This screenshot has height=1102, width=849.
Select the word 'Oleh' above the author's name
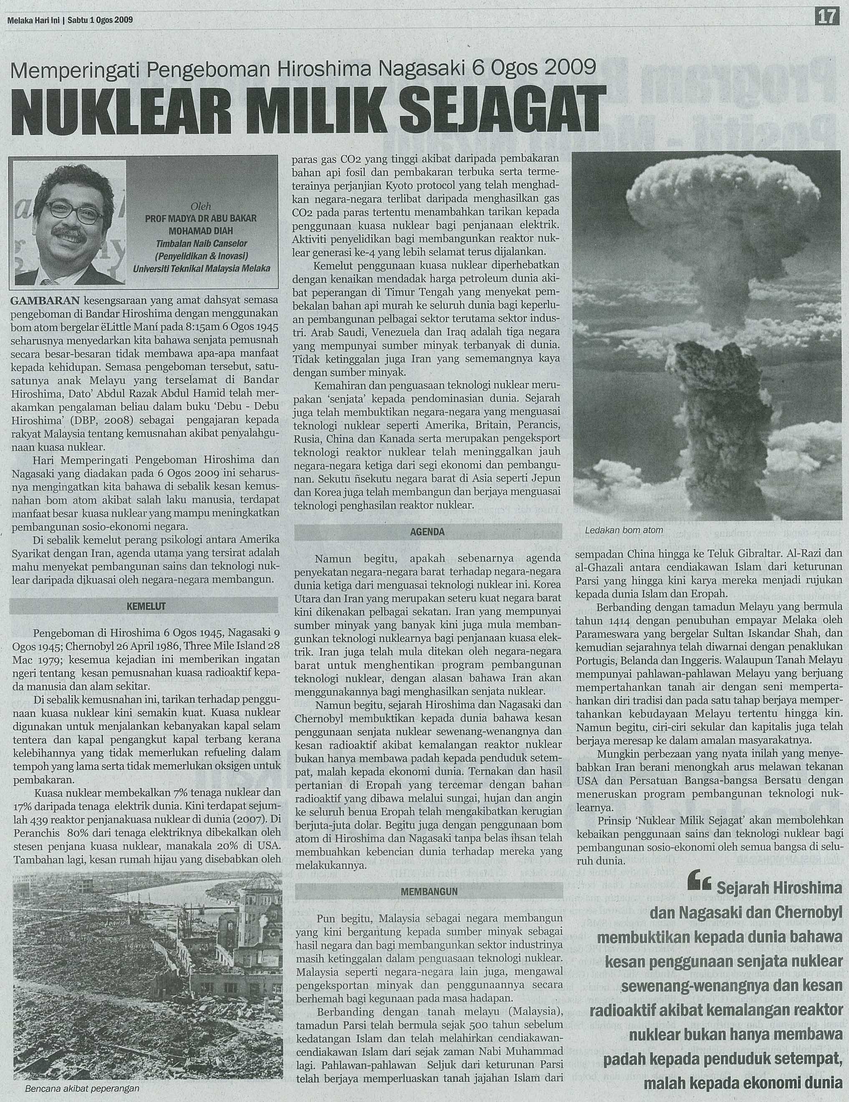[x=200, y=206]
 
